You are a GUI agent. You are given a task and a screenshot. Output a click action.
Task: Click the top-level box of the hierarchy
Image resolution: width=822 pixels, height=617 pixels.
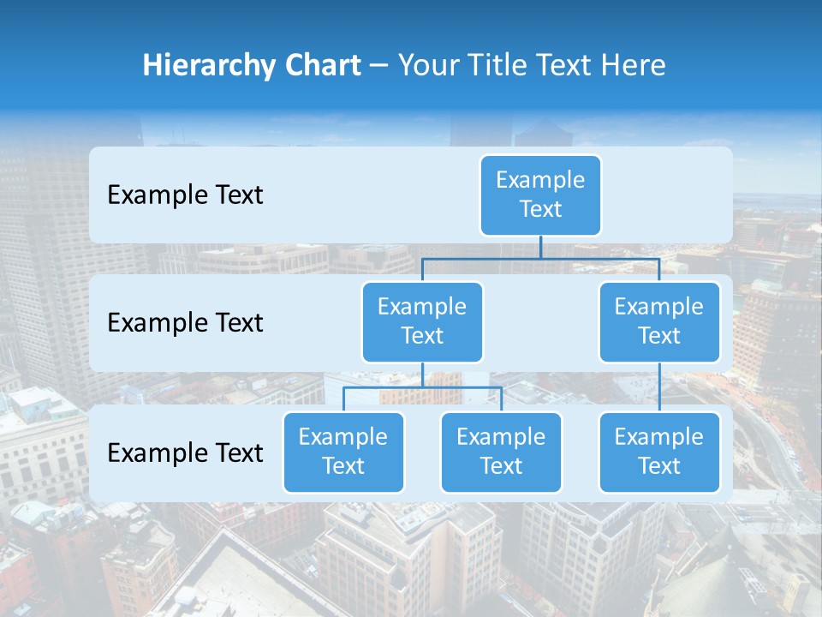pyautogui.click(x=540, y=195)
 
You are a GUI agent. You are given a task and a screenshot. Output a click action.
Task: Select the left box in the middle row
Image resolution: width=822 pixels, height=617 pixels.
pyautogui.click(x=422, y=321)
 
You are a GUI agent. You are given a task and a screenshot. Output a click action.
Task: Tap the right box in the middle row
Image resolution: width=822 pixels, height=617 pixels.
pyautogui.click(x=659, y=321)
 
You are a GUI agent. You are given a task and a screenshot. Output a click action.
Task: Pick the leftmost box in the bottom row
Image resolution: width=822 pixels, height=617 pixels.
pyautogui.click(x=343, y=452)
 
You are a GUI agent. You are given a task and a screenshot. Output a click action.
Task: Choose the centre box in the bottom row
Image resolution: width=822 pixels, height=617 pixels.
pyautogui.click(x=501, y=452)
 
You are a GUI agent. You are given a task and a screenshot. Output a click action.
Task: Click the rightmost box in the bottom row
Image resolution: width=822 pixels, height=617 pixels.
pyautogui.click(x=659, y=452)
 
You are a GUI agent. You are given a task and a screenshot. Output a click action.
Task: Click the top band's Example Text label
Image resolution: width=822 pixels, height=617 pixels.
pyautogui.click(x=185, y=195)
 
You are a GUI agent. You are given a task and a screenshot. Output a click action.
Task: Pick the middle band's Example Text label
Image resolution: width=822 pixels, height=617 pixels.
pyautogui.click(x=185, y=323)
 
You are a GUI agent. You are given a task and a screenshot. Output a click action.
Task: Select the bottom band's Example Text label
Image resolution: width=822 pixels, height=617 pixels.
pyautogui.click(x=185, y=452)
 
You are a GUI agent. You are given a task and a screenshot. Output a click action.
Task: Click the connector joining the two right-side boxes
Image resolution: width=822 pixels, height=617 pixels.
pyautogui.click(x=659, y=387)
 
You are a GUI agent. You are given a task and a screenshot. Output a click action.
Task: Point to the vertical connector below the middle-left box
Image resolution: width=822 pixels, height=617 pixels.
pyautogui.click(x=422, y=374)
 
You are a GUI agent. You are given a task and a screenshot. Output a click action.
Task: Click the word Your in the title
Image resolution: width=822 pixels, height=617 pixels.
pyautogui.click(x=428, y=65)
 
